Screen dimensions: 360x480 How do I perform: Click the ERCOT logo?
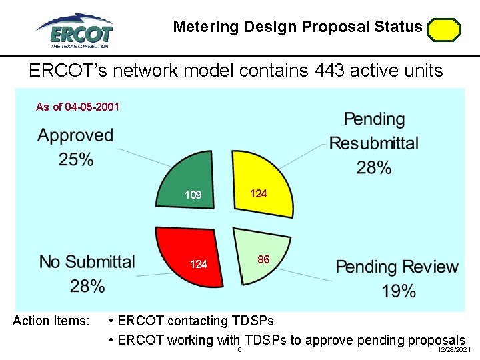(x=75, y=30)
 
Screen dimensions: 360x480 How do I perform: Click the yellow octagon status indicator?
(x=444, y=30)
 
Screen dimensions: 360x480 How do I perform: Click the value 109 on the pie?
(x=193, y=195)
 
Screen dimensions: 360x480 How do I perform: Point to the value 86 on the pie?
(x=263, y=259)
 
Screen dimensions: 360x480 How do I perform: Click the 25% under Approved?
(x=76, y=159)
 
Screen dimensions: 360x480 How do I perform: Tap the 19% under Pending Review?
(x=399, y=291)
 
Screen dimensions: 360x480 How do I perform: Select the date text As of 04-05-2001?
(x=77, y=107)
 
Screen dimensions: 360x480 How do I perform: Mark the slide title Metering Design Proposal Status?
(x=297, y=27)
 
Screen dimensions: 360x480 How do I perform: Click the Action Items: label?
(x=51, y=321)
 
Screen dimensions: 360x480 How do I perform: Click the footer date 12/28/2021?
(x=454, y=350)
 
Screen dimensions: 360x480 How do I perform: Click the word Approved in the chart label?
(x=76, y=135)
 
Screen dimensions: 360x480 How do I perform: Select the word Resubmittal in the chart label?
(x=374, y=143)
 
